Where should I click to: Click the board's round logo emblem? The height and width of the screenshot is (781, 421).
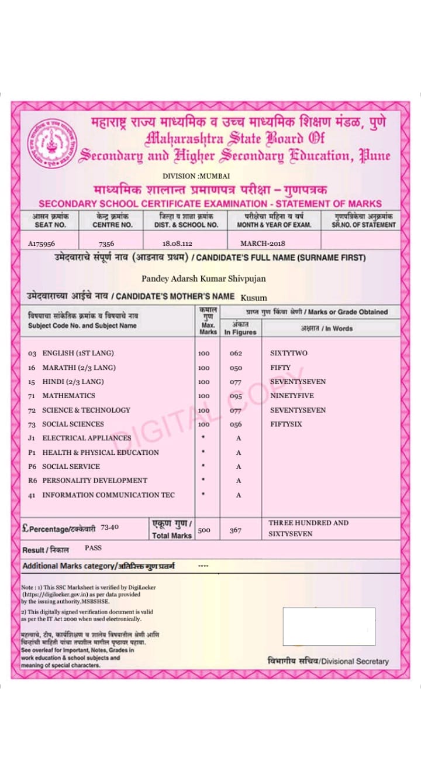pos(53,143)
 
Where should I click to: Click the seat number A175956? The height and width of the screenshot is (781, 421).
pos(45,243)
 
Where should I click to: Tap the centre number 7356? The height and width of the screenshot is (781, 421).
pos(106,243)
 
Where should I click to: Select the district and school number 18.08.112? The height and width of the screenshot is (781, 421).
pos(177,243)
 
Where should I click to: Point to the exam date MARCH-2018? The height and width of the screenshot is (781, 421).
pos(263,243)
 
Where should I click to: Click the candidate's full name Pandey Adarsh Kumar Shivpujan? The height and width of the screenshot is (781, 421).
pos(203,278)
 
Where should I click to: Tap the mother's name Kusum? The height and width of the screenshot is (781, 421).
pos(254,297)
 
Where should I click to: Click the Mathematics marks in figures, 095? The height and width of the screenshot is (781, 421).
pos(236,396)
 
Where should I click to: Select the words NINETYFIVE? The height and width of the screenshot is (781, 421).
pos(292,396)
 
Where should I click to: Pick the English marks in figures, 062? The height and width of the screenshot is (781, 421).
pos(236,353)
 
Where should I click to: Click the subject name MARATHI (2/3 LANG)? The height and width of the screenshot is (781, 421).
pos(79,368)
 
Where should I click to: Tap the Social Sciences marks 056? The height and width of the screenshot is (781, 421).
pos(236,424)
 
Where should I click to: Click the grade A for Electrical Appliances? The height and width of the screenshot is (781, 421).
pos(239,438)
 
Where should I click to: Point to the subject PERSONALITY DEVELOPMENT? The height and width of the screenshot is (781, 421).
pos(95,480)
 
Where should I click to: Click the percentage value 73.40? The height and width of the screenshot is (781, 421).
pos(109,527)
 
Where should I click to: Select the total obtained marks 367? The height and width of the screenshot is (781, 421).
pos(235,530)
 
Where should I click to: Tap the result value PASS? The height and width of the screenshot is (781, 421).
pos(93,548)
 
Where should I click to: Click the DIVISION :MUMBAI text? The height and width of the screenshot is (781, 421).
pos(196,176)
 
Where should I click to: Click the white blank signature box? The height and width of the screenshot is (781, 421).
pos(329,626)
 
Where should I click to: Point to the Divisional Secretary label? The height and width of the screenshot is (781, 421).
pos(328,661)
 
